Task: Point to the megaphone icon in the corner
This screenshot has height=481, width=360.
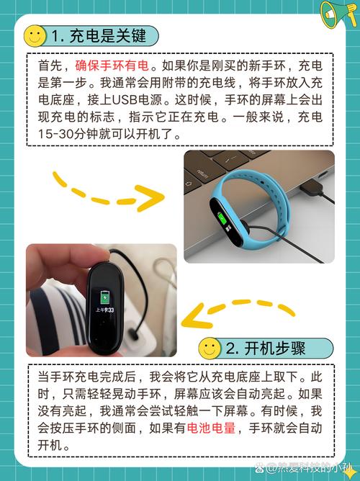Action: click(338, 14)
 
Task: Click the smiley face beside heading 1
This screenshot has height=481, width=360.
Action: click(34, 35)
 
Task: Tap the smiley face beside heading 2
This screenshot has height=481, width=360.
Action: click(209, 349)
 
